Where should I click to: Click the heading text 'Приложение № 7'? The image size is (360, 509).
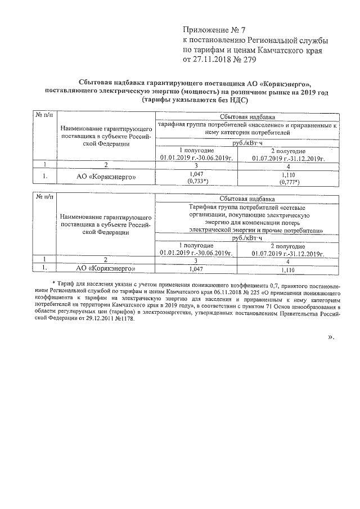coord(214,29)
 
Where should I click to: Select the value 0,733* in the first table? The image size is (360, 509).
coord(197,182)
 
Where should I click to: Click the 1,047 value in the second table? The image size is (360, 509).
coord(196,269)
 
